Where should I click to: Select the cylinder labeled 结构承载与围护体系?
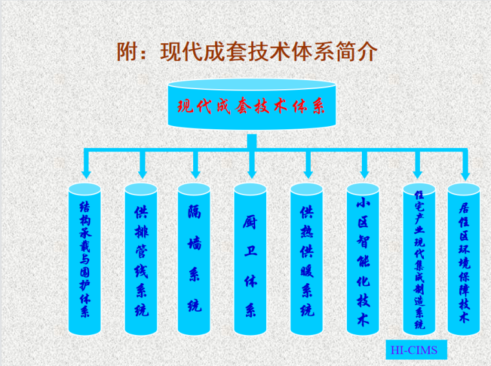pyautogui.click(x=85, y=259)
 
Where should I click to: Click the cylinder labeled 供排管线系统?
pyautogui.click(x=141, y=259)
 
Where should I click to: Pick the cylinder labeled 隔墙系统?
pyautogui.click(x=194, y=259)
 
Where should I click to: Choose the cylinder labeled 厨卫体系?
pyautogui.click(x=250, y=259)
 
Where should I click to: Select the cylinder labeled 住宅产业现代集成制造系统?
pyautogui.click(x=419, y=259)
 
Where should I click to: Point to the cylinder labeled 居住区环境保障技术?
pyautogui.click(x=463, y=259)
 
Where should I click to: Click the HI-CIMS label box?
pyautogui.click(x=414, y=350)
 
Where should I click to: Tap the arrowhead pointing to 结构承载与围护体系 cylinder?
pyautogui.click(x=85, y=173)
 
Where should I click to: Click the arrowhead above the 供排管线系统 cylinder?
pyautogui.click(x=142, y=173)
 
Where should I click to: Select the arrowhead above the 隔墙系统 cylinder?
pyautogui.click(x=195, y=173)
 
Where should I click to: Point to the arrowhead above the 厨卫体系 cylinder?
pyautogui.click(x=251, y=173)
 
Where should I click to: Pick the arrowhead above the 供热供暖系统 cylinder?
pyautogui.click(x=308, y=173)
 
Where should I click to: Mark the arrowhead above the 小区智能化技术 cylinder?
pyautogui.click(x=364, y=173)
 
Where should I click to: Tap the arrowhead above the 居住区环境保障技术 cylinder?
pyautogui.click(x=465, y=173)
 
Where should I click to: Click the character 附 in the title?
pyautogui.click(x=128, y=52)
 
